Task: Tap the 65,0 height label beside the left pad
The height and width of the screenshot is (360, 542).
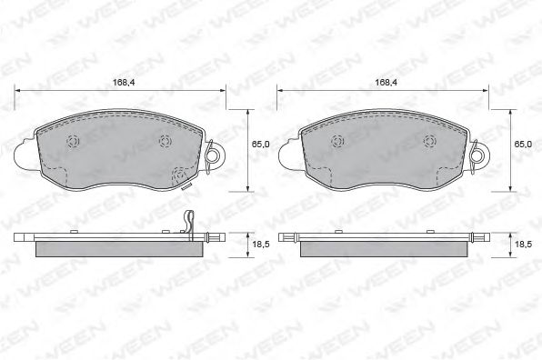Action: [260, 144]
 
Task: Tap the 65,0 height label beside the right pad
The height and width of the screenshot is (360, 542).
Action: [523, 144]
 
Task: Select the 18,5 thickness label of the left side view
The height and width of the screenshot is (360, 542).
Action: [261, 245]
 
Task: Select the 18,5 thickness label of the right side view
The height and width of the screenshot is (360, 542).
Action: [523, 245]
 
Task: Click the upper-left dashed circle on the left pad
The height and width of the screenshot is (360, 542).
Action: [74, 141]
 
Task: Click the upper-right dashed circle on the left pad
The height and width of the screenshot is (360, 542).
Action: [166, 141]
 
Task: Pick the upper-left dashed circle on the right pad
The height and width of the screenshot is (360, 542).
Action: [337, 141]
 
